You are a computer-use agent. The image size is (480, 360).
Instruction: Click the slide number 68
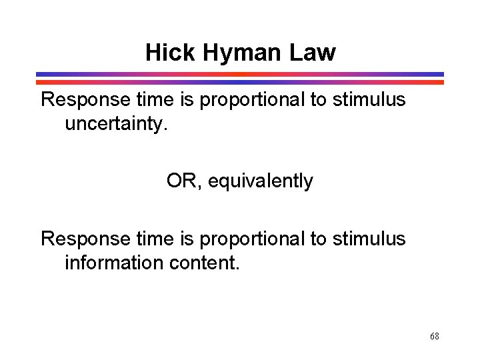(x=434, y=336)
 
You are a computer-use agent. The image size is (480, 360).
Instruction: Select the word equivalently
(x=261, y=181)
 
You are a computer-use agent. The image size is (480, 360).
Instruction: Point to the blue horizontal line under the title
(x=240, y=75)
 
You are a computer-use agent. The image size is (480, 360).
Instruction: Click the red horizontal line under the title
(x=240, y=82)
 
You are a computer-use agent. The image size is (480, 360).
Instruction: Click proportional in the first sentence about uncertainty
(x=257, y=101)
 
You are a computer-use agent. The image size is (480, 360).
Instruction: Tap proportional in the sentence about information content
(x=257, y=239)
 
